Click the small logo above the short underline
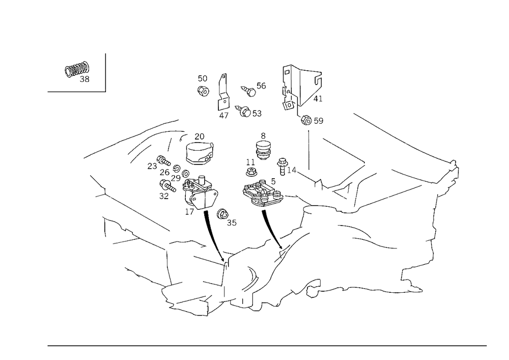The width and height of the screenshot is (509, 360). pyautogui.click(x=77, y=73)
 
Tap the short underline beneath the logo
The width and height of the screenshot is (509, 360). pyautogui.click(x=76, y=91)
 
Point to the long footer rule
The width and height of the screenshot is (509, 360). pyautogui.click(x=267, y=345)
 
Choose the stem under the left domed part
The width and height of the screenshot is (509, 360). pyautogui.click(x=209, y=224)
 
